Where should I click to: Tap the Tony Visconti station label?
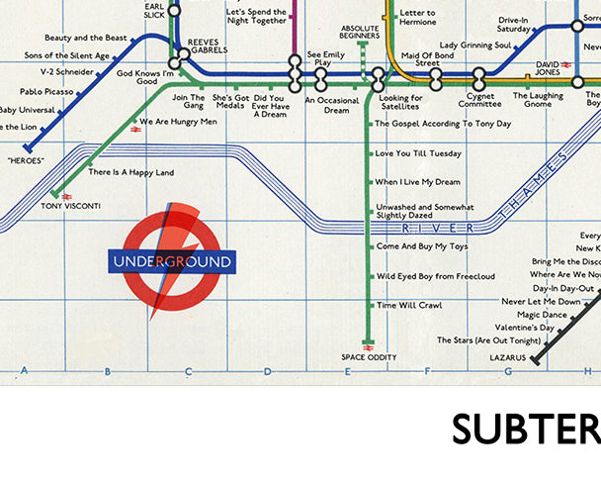coord(65,206)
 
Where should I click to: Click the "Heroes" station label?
coord(27,158)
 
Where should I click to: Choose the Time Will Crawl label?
coord(409,305)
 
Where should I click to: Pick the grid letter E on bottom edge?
coord(347,372)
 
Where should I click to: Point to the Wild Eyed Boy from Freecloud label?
coord(435,276)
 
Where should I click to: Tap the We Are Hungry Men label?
coord(180,122)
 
